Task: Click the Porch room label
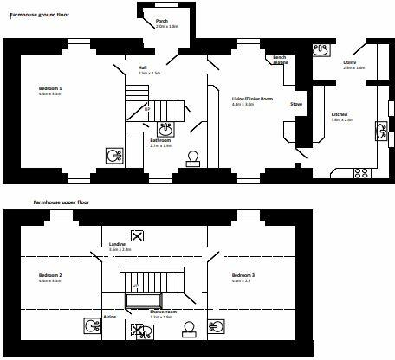pos(162,21)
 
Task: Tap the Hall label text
pos(142,67)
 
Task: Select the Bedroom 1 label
pos(50,89)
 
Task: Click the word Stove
pos(295,104)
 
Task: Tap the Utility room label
pos(349,62)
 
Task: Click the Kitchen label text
pos(340,114)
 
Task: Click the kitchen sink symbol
pos(379,130)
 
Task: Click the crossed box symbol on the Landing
pos(136,235)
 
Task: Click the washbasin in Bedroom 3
pos(218,325)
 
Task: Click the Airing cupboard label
pos(110,317)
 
